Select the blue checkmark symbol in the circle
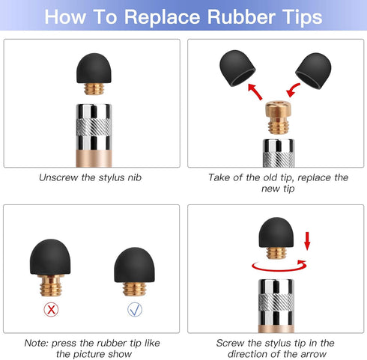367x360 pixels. [133, 307]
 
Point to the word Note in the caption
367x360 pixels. [34, 342]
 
